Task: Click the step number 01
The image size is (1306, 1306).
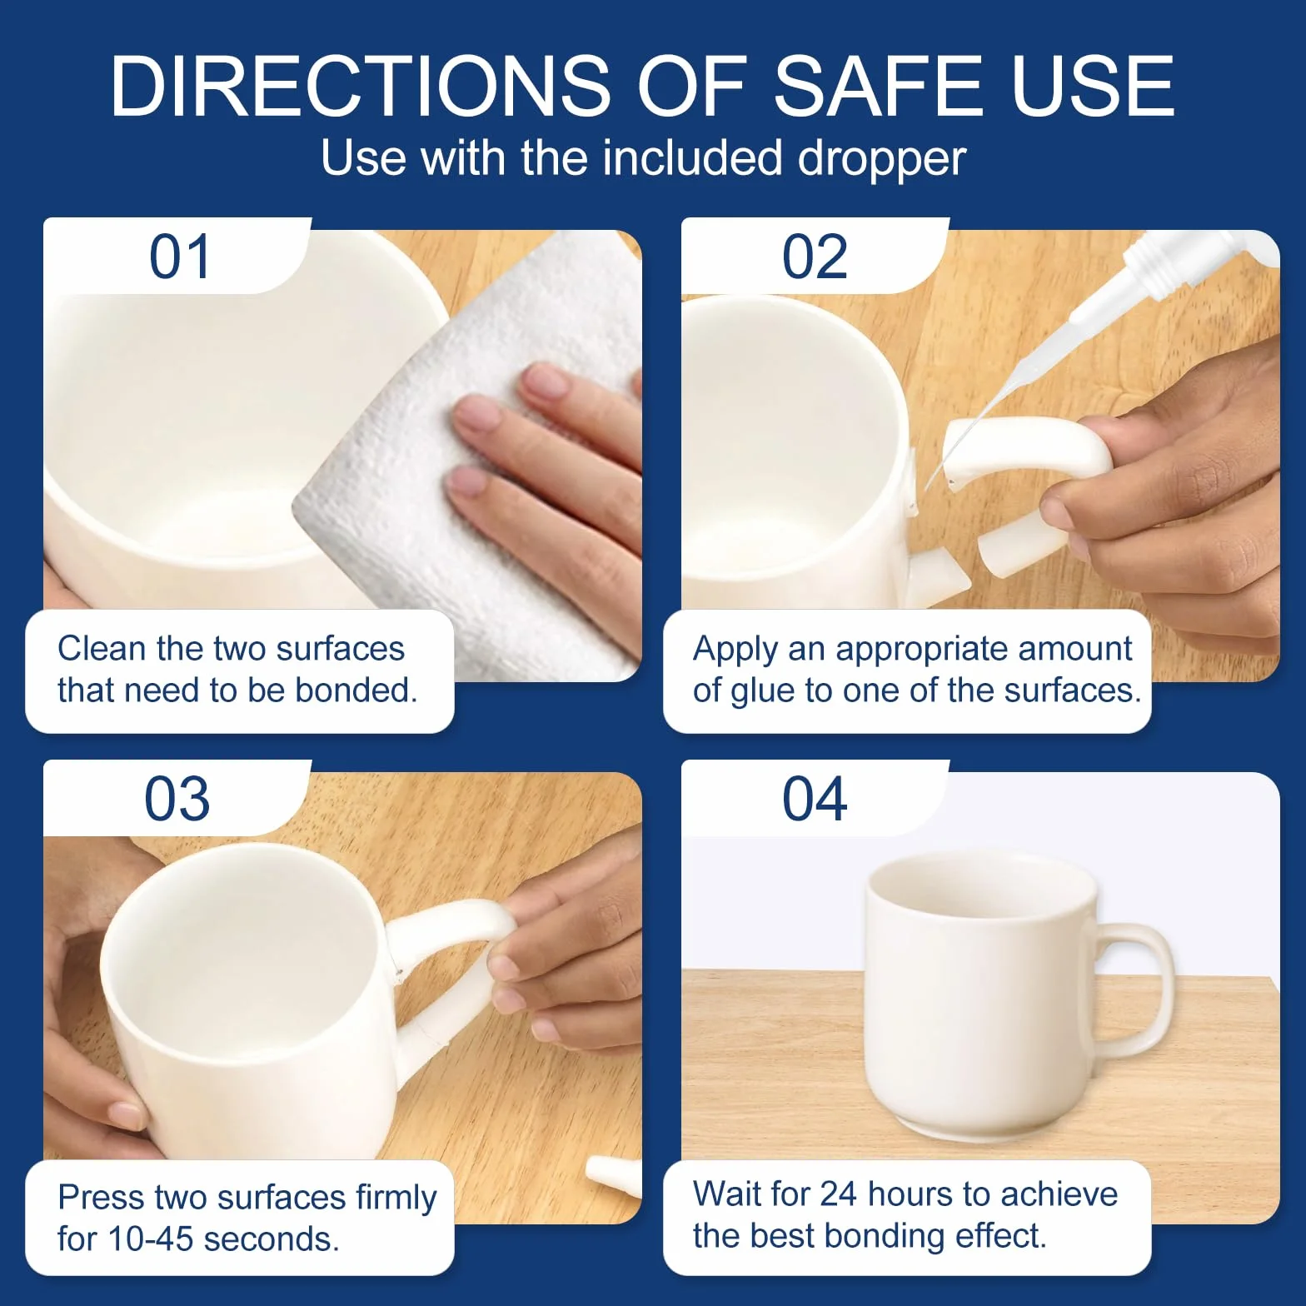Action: point(180,257)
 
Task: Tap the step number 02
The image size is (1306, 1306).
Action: point(815,257)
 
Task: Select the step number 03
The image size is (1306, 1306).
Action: point(177,799)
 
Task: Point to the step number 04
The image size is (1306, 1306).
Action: point(815,799)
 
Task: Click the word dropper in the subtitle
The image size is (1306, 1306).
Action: point(882,158)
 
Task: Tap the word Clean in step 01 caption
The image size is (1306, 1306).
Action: point(102,648)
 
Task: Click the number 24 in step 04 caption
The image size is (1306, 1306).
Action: point(838,1194)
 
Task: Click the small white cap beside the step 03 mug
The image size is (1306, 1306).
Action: point(614,1175)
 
